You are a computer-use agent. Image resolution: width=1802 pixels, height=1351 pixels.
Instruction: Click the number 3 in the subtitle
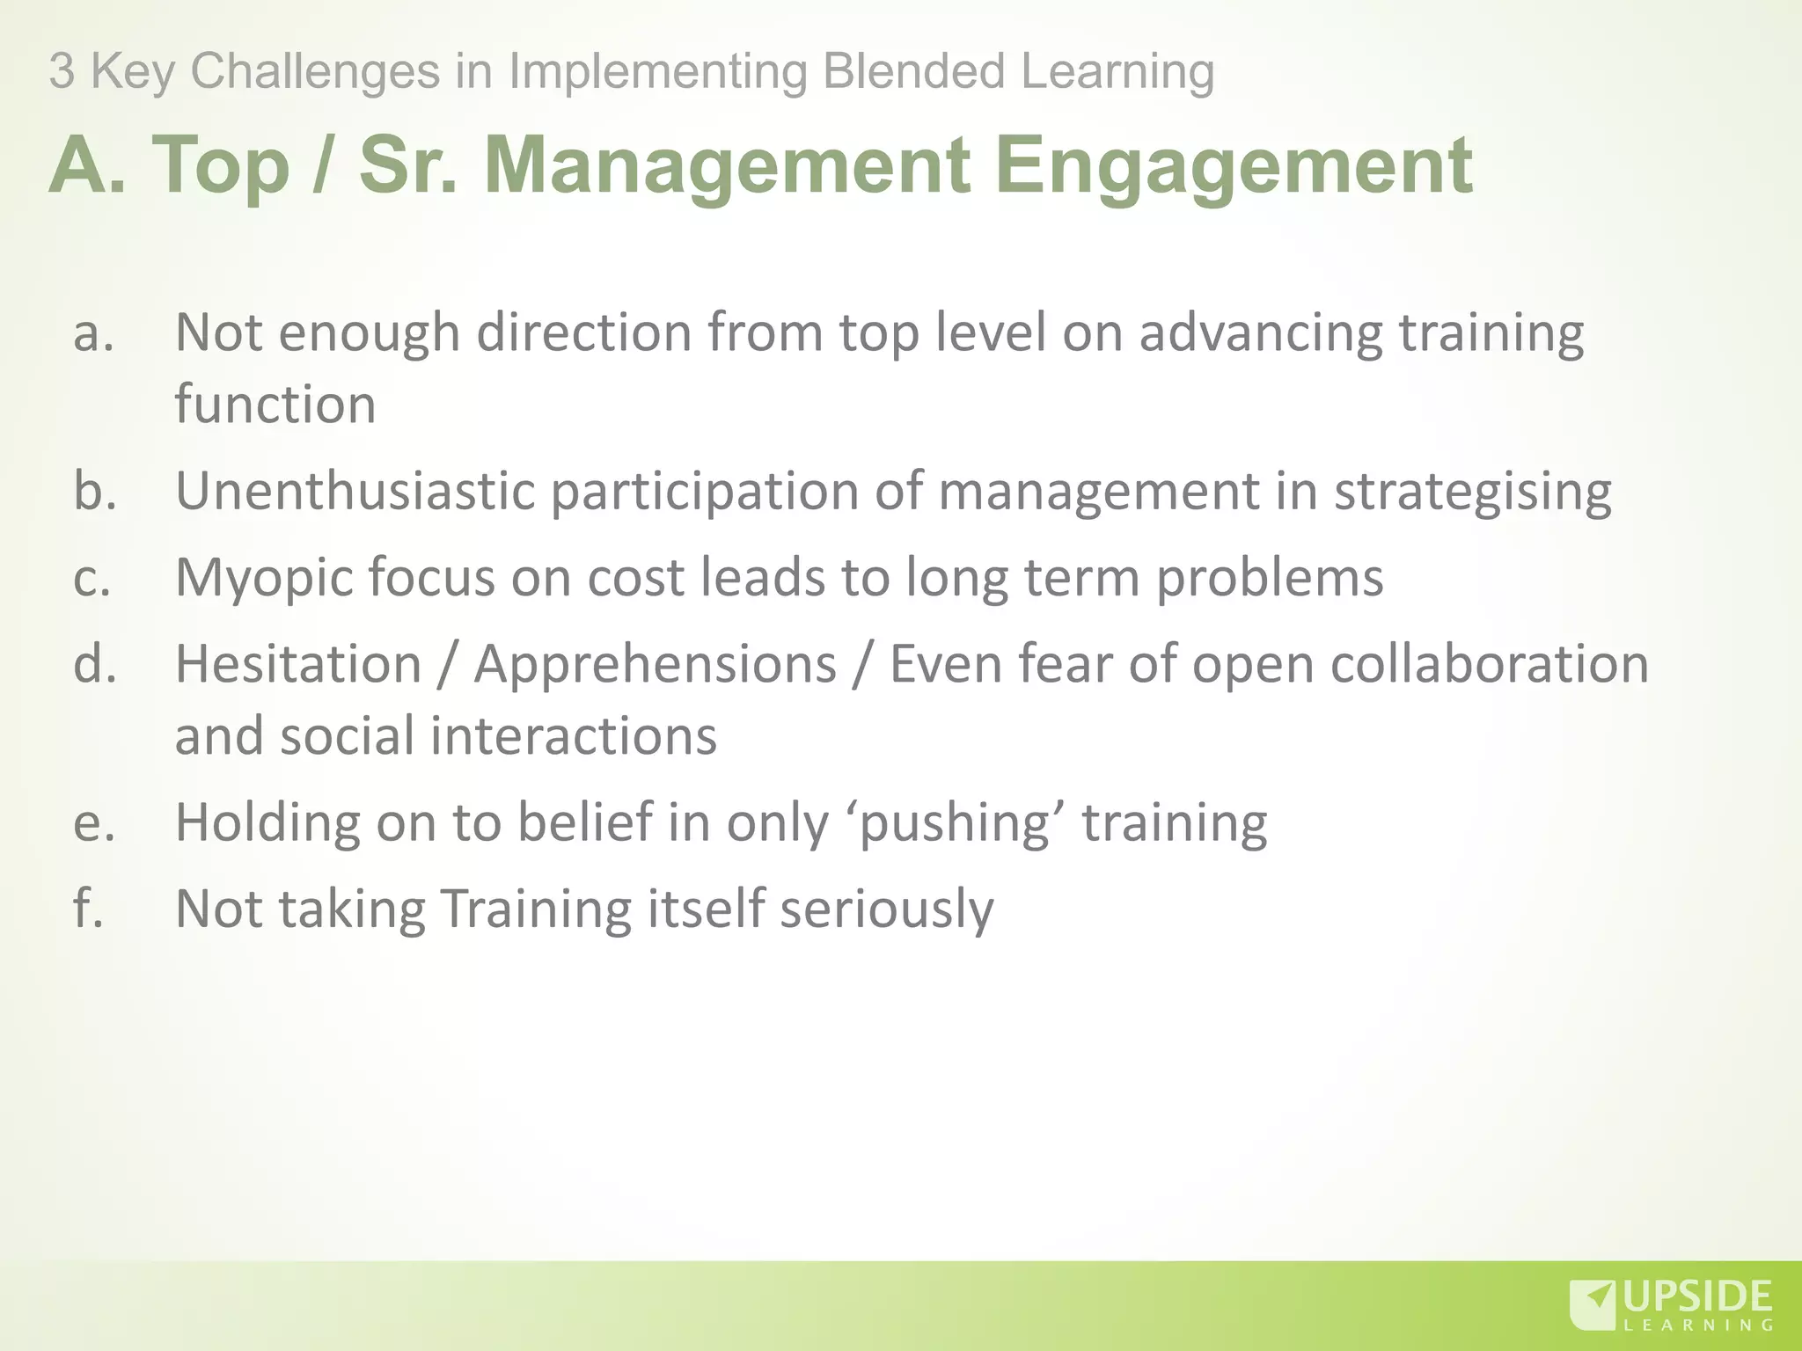pos(61,71)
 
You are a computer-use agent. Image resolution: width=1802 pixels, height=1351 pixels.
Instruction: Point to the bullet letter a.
pos(94,333)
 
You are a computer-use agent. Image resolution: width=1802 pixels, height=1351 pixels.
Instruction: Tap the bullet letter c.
pos(92,578)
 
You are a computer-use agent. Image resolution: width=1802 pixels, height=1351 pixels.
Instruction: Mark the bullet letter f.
pos(89,908)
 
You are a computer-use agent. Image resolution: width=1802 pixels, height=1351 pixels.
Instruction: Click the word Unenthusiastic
pos(355,490)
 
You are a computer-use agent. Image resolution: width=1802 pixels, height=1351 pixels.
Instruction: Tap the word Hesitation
pos(298,663)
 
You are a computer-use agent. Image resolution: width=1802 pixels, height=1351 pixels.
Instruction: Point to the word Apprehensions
pos(655,665)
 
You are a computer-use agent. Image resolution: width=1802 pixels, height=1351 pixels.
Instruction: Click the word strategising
pos(1472,492)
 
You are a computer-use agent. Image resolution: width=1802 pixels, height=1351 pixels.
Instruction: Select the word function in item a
pos(275,405)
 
